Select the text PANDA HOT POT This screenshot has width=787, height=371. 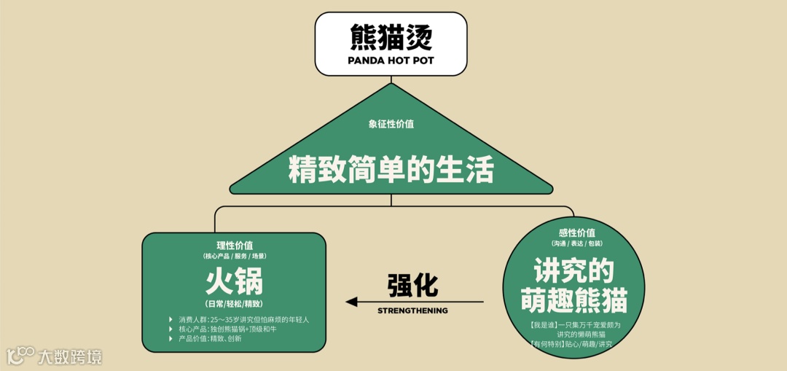pyautogui.click(x=391, y=60)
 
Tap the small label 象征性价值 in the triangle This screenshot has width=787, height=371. pyautogui.click(x=391, y=124)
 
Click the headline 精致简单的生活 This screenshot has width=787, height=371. pyautogui.click(x=391, y=171)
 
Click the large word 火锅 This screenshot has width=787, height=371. pyautogui.click(x=234, y=281)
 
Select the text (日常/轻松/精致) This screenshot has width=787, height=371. pyautogui.click(x=234, y=303)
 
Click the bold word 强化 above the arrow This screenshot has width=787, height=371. pyautogui.click(x=412, y=285)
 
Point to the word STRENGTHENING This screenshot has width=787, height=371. pyautogui.click(x=412, y=311)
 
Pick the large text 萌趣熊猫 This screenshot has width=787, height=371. pyautogui.click(x=573, y=300)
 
